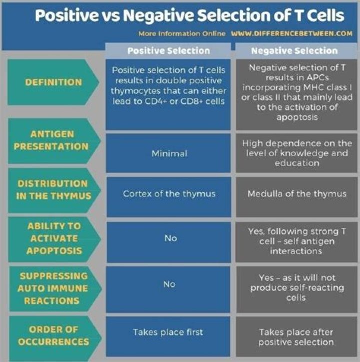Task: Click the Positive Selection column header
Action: (x=168, y=50)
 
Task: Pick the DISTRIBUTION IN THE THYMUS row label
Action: (x=54, y=189)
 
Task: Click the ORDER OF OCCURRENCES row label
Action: (x=52, y=336)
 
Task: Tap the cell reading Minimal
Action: (x=169, y=153)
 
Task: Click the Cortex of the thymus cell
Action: (x=169, y=194)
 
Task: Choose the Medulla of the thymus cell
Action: (x=297, y=194)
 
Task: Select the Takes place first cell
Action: (x=168, y=332)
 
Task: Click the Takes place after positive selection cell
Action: (x=296, y=337)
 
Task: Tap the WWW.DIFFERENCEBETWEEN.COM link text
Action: (x=292, y=34)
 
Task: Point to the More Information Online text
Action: (x=182, y=34)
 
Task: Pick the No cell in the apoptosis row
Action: (x=170, y=238)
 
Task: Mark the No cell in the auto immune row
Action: (x=169, y=284)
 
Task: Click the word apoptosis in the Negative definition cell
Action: (x=296, y=117)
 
